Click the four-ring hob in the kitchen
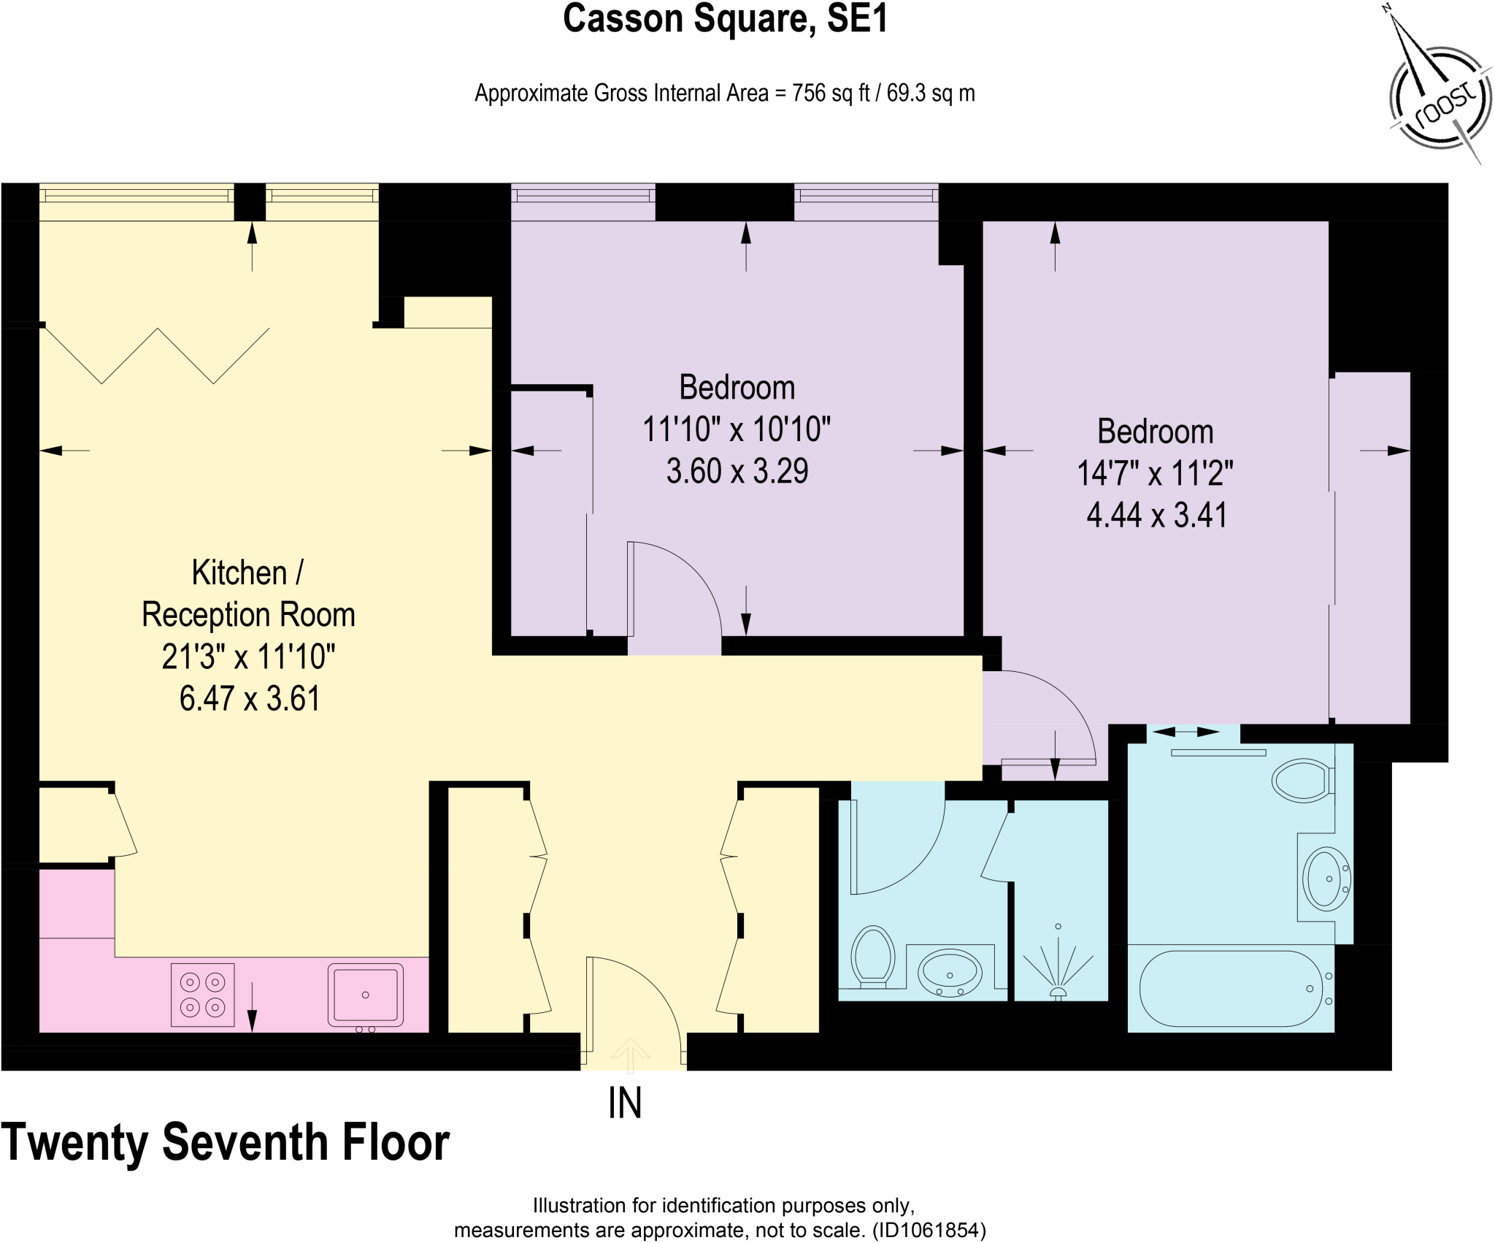point(203,995)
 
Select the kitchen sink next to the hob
point(365,995)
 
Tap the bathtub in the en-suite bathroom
point(1231,988)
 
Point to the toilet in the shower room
point(873,955)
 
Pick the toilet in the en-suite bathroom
point(1302,781)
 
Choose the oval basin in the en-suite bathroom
point(1325,879)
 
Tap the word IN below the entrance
point(625,1104)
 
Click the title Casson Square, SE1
point(725,20)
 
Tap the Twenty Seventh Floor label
point(225,1142)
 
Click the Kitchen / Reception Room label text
point(248,594)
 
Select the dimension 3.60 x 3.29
point(737,471)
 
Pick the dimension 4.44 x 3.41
point(1156,515)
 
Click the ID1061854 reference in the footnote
point(928,1231)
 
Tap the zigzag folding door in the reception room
point(157,355)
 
